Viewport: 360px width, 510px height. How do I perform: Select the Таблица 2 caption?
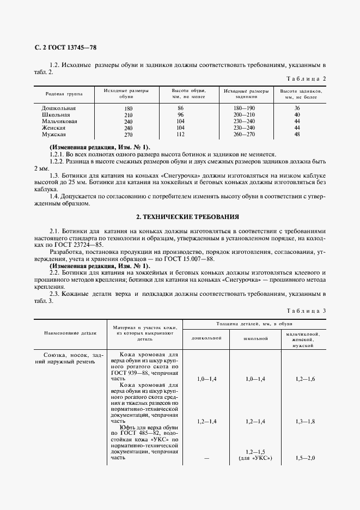(x=306, y=78)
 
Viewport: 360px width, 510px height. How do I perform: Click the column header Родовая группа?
(x=64, y=94)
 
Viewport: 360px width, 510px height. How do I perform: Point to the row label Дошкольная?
(x=58, y=108)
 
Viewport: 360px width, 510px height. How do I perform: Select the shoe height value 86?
(x=180, y=108)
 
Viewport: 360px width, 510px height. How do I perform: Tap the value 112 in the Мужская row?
(x=180, y=134)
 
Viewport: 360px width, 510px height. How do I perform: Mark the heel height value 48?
(x=297, y=134)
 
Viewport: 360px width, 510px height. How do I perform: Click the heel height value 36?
(x=297, y=108)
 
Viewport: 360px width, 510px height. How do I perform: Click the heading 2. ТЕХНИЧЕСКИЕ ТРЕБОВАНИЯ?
(x=179, y=217)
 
